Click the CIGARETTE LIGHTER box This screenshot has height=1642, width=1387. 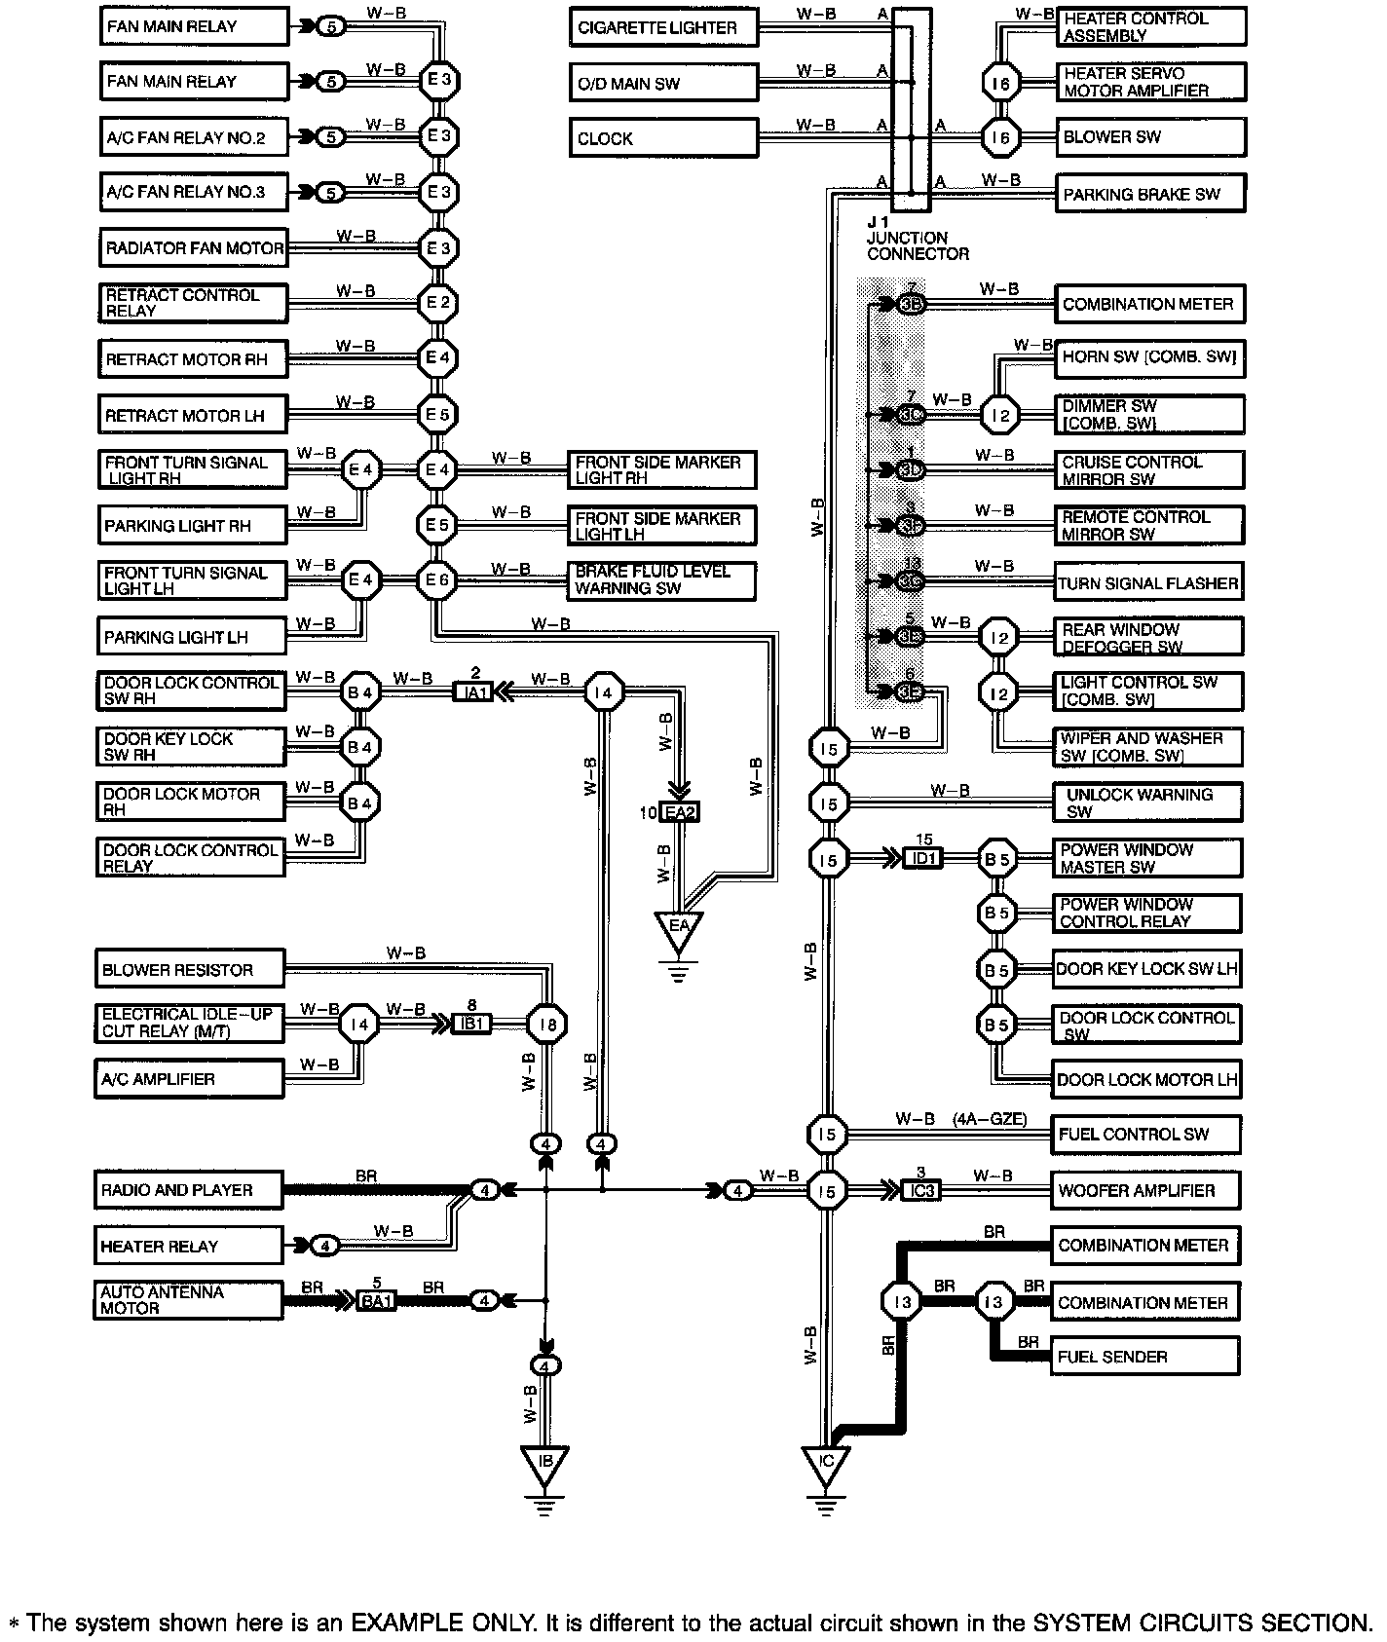click(663, 27)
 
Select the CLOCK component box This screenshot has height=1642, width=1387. click(663, 138)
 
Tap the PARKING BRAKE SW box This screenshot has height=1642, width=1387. click(1150, 194)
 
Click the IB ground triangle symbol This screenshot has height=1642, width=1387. click(545, 1464)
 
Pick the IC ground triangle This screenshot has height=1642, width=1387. click(825, 1464)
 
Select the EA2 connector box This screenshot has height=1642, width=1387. click(679, 812)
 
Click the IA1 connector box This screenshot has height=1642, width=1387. click(474, 692)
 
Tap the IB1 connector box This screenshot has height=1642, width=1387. click(470, 1025)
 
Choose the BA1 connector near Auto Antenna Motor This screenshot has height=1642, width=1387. click(376, 1301)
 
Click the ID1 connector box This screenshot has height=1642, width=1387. click(922, 859)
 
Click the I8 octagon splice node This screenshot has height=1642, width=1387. click(546, 1025)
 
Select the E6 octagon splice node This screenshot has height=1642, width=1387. click(437, 581)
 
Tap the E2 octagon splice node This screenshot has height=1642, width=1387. click(437, 303)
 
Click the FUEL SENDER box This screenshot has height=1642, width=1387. click(1145, 1357)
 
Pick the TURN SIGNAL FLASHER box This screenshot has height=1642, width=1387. click(1148, 583)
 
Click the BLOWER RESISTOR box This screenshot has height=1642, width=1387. click(190, 970)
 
